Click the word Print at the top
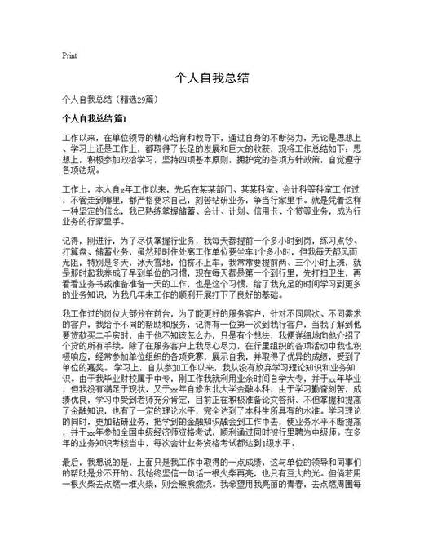(x=69, y=56)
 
